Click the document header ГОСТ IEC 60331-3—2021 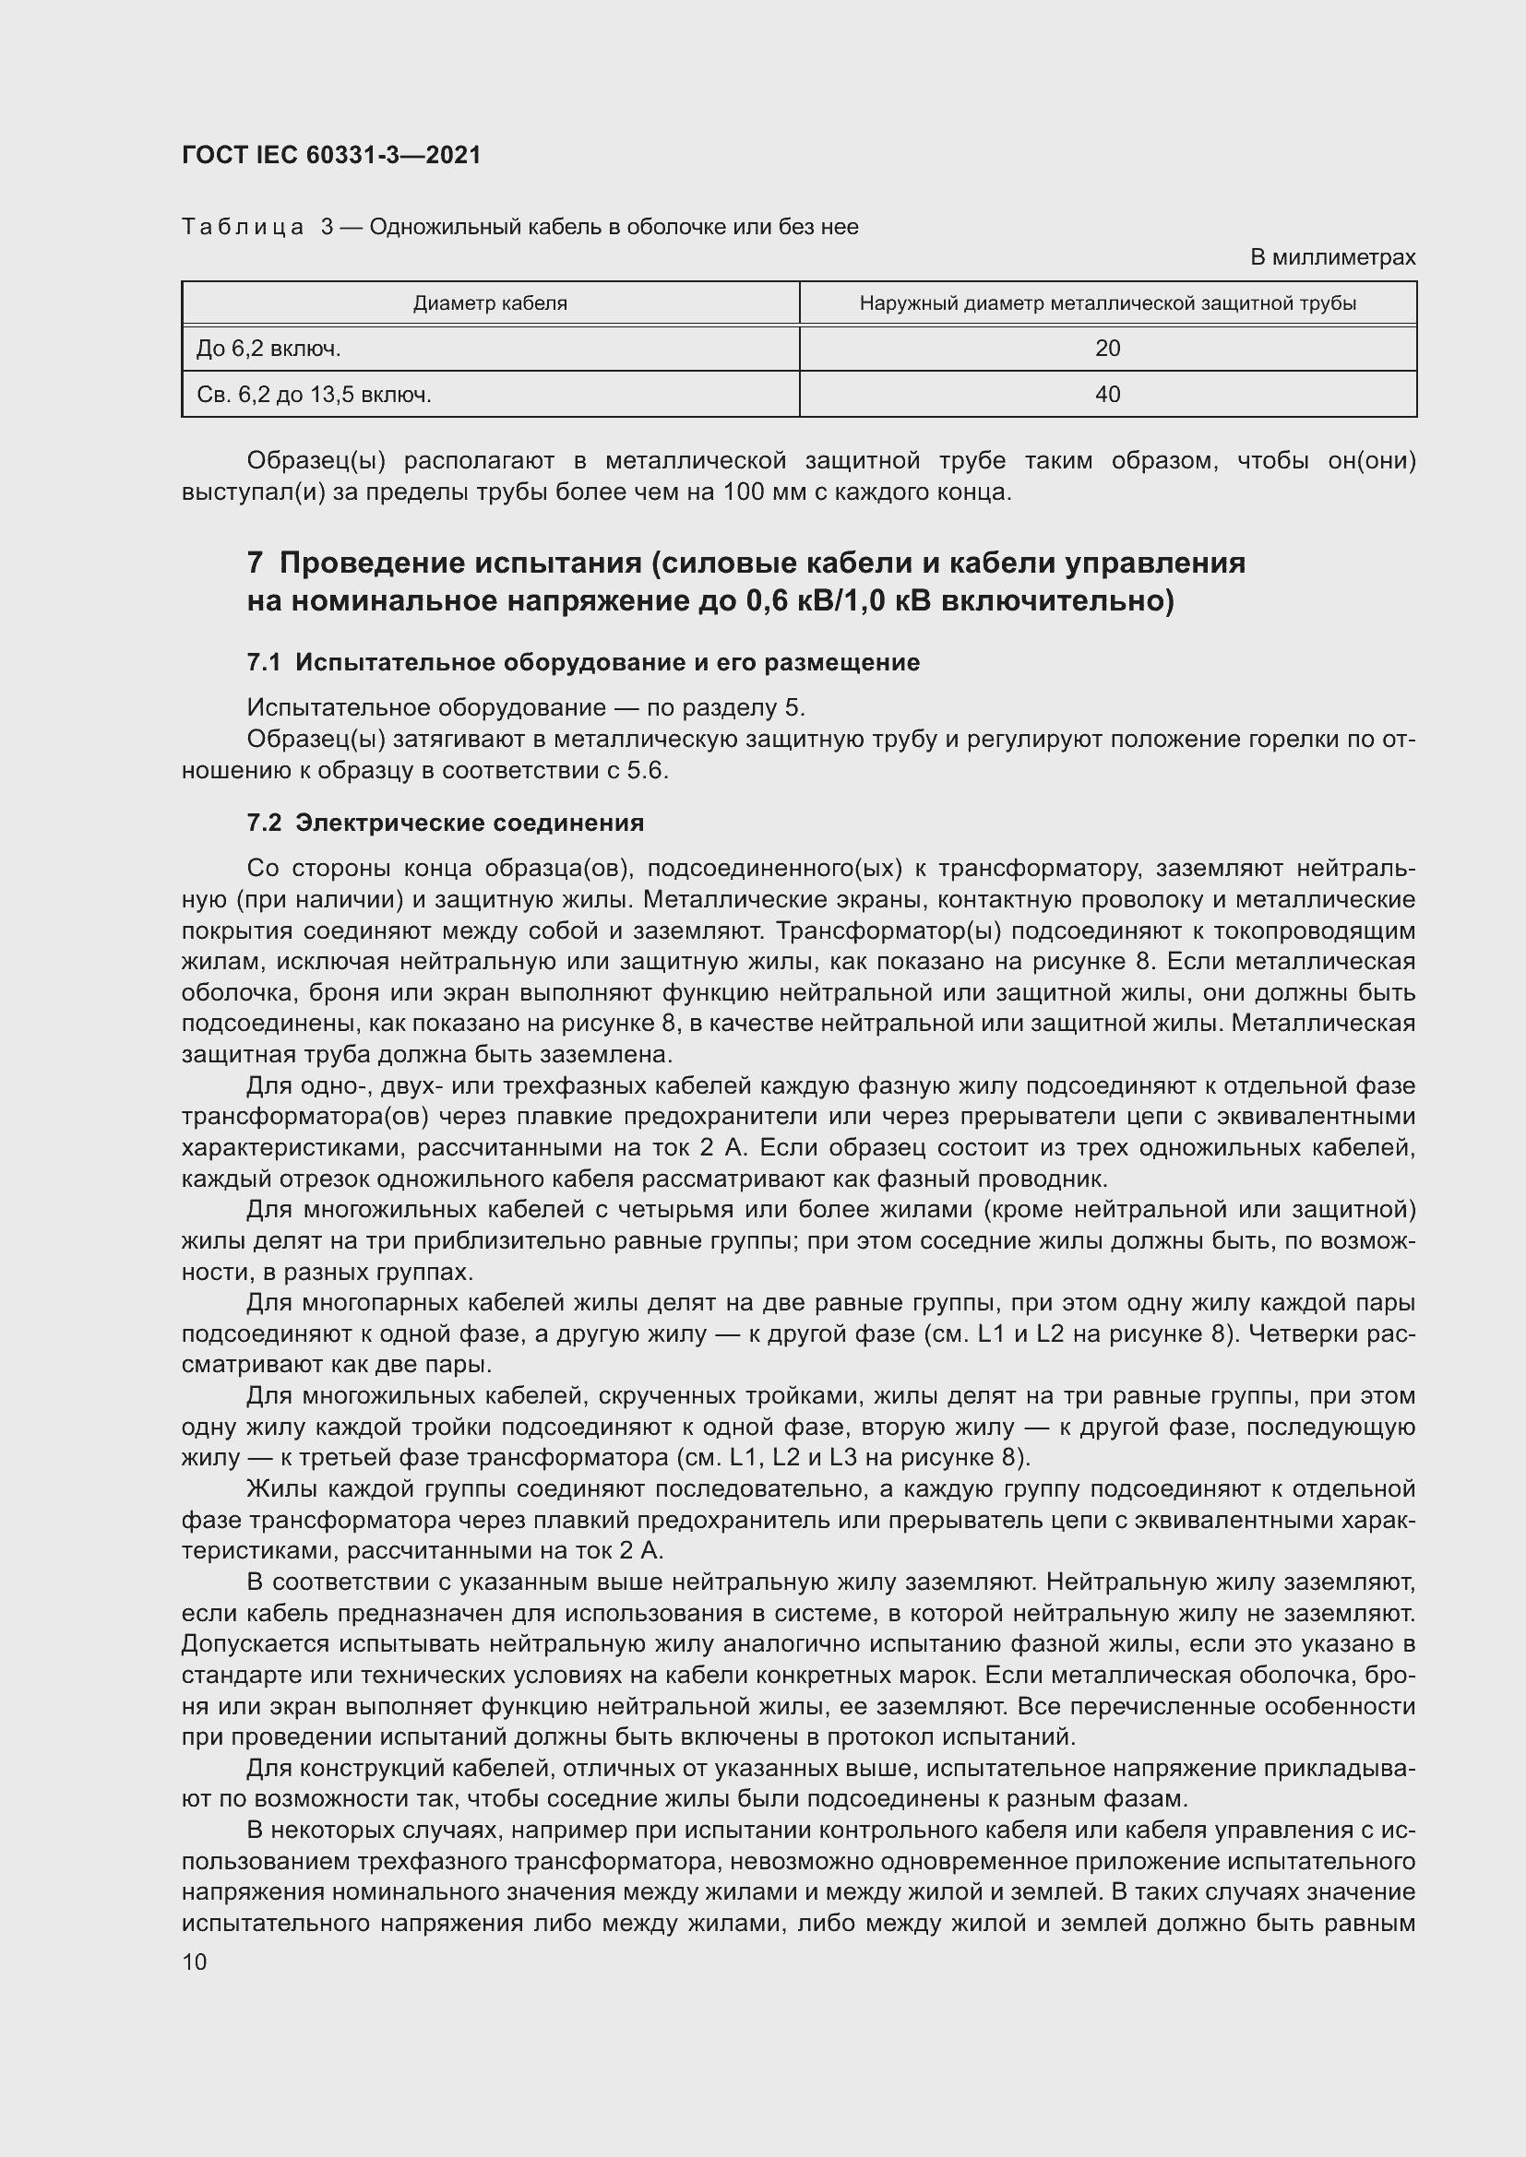(x=331, y=155)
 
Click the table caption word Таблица (x=243, y=227)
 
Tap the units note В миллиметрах (x=1331, y=257)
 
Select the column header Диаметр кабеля (x=490, y=303)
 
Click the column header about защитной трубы (x=1107, y=303)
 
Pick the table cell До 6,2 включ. (x=268, y=349)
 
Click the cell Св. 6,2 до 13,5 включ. (x=314, y=395)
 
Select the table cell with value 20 (x=1107, y=349)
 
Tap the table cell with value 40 (x=1107, y=395)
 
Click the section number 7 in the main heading (x=255, y=563)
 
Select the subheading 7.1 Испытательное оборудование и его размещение (x=582, y=662)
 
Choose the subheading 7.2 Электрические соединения (x=446, y=823)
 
